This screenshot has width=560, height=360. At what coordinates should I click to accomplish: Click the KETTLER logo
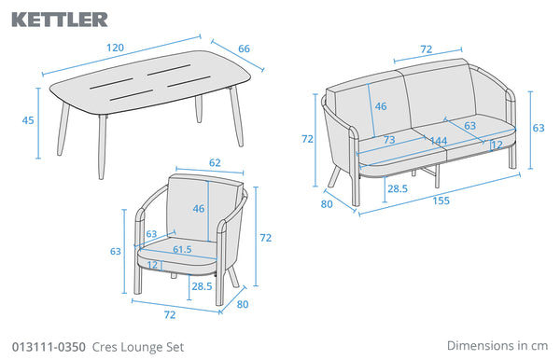click(x=60, y=20)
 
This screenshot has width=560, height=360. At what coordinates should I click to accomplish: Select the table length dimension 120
click(x=116, y=48)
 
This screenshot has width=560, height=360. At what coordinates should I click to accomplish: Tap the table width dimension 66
click(x=244, y=48)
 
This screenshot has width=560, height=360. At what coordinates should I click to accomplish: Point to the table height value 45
click(x=28, y=120)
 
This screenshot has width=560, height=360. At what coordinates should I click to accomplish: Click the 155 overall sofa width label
click(x=441, y=201)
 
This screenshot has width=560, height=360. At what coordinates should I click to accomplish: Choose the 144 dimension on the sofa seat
click(x=439, y=141)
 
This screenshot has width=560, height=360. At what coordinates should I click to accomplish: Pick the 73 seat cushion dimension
click(x=389, y=140)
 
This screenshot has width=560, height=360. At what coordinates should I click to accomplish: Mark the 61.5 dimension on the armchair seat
click(x=182, y=249)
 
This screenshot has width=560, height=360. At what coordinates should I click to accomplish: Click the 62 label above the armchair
click(x=215, y=162)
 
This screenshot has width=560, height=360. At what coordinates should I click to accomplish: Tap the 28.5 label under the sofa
click(x=398, y=188)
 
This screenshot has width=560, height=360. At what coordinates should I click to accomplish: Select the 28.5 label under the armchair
click(x=202, y=286)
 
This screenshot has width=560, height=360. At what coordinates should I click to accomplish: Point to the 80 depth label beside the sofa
click(x=327, y=204)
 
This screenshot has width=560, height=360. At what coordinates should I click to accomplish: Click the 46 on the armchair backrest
click(x=199, y=208)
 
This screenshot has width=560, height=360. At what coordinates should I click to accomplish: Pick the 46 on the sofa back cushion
click(x=381, y=106)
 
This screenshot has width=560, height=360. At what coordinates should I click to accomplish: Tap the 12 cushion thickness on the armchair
click(x=152, y=265)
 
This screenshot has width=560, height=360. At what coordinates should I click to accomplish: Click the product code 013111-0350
click(x=49, y=347)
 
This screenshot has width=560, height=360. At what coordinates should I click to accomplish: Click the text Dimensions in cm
click(x=497, y=345)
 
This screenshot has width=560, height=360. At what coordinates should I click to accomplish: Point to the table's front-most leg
click(x=102, y=147)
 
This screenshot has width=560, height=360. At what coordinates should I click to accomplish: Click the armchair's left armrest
click(x=138, y=251)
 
